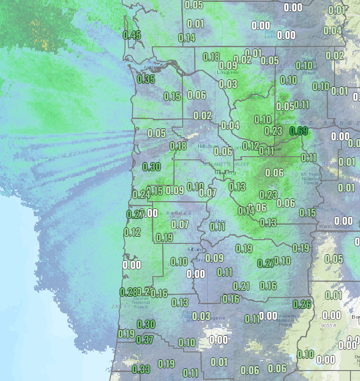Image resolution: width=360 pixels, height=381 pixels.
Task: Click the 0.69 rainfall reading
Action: [299, 131]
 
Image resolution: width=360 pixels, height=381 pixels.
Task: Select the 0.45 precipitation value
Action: [132, 35]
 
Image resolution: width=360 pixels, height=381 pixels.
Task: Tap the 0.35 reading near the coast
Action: [146, 79]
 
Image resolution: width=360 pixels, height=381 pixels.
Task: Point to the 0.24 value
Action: [141, 194]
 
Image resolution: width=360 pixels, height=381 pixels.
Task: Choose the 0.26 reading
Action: [302, 304]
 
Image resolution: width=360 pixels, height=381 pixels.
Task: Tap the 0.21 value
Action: [241, 286]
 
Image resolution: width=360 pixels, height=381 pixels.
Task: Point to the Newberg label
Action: [225, 173]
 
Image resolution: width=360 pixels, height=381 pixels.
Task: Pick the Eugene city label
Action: [216, 318]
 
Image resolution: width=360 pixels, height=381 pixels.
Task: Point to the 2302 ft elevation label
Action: [118, 307]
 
